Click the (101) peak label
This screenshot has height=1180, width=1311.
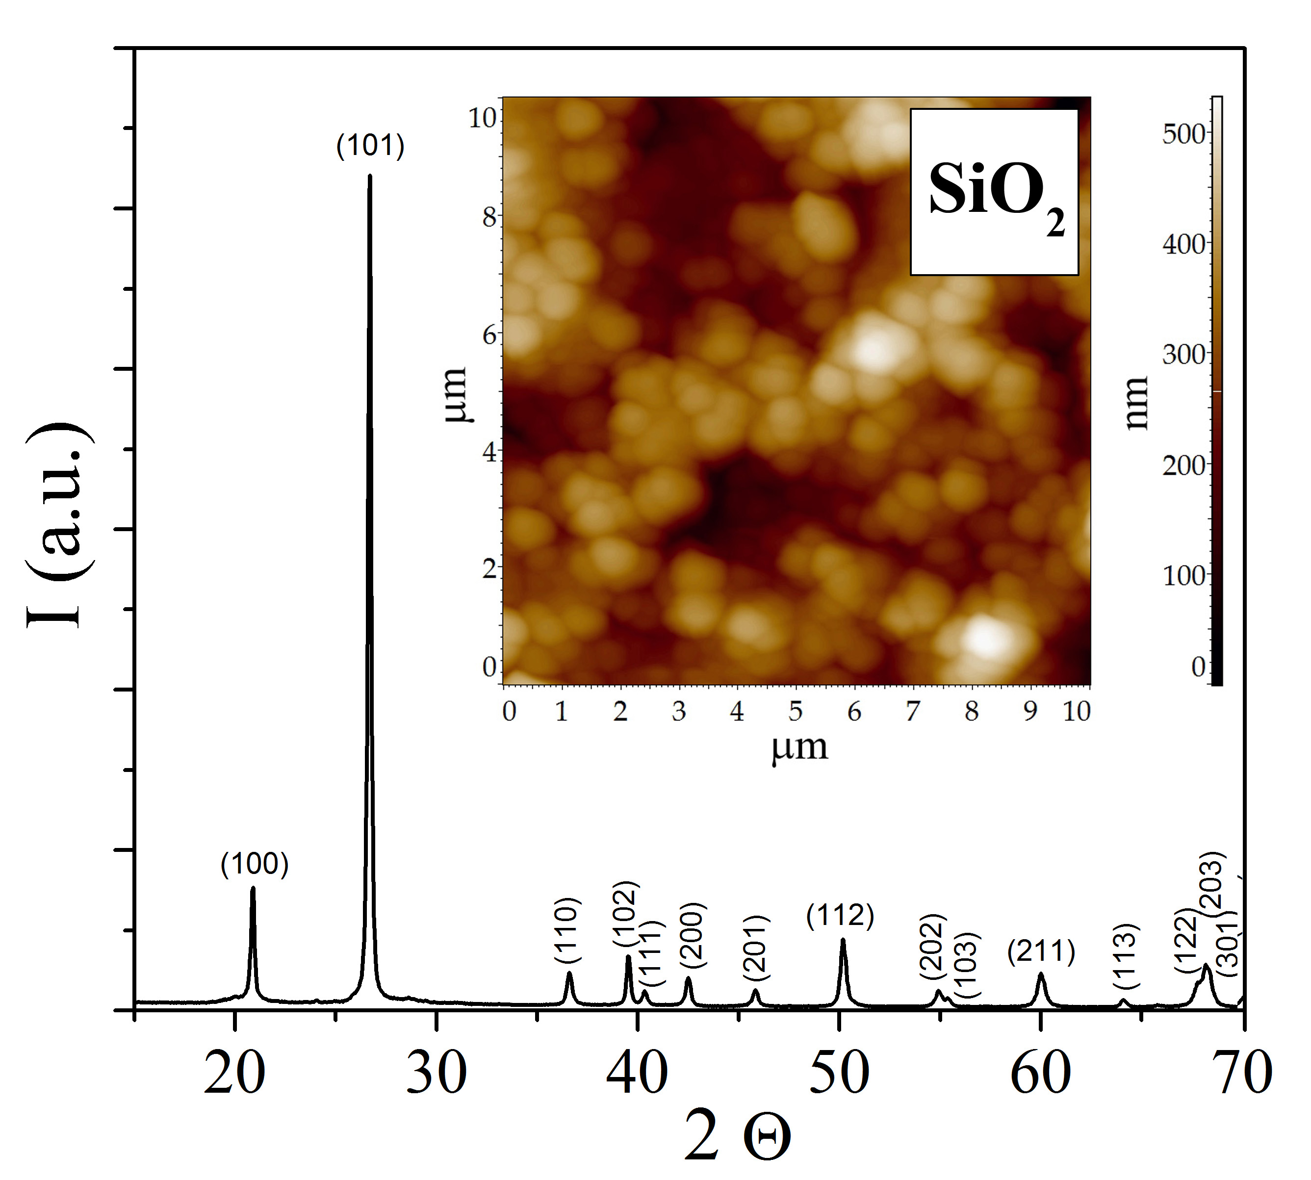370,146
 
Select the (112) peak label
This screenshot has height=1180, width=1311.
840,916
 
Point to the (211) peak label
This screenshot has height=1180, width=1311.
1041,951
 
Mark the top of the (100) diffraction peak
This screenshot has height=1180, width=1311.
253,888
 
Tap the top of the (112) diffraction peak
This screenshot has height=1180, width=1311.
843,940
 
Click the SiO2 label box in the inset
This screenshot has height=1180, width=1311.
994,192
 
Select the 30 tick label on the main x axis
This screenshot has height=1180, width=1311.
437,1073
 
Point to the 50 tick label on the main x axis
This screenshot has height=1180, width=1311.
840,1073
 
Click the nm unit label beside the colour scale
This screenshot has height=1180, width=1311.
1136,402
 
